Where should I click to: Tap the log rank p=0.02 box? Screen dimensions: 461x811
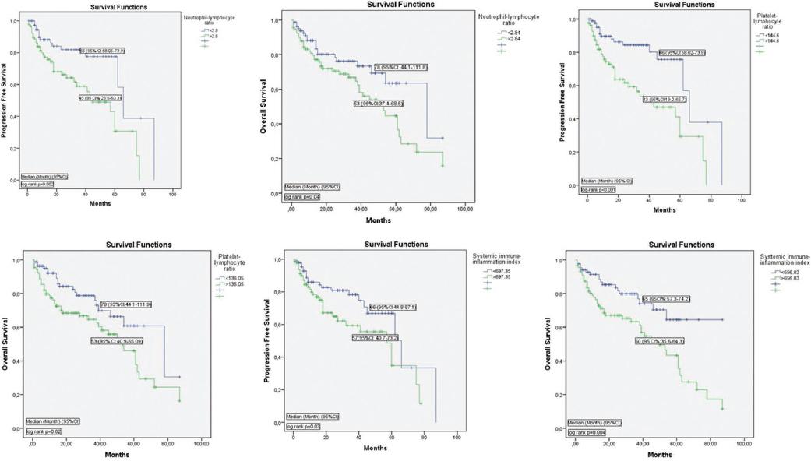point(44,430)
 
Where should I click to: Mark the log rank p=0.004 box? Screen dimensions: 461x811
point(588,430)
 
